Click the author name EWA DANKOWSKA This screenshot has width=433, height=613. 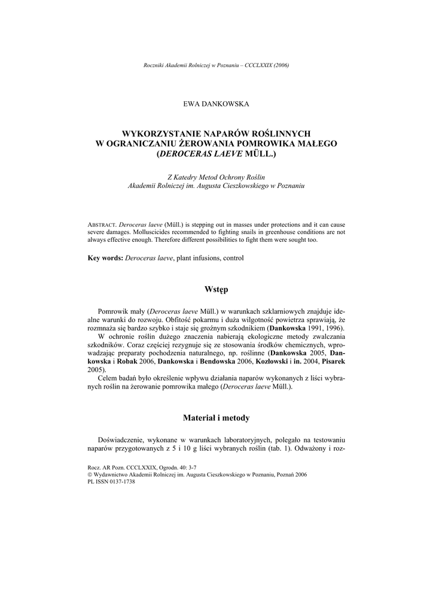[x=216, y=104]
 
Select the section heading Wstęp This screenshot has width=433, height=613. [x=216, y=289]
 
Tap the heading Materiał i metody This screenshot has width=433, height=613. [x=216, y=417]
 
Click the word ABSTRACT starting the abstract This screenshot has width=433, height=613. [x=103, y=224]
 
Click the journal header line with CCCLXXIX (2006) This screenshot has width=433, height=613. [x=216, y=65]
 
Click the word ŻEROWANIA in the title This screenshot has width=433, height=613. [x=201, y=144]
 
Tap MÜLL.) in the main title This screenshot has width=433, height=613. [x=261, y=154]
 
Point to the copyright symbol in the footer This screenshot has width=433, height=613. [x=90, y=474]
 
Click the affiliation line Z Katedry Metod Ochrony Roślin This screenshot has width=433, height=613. [x=216, y=178]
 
